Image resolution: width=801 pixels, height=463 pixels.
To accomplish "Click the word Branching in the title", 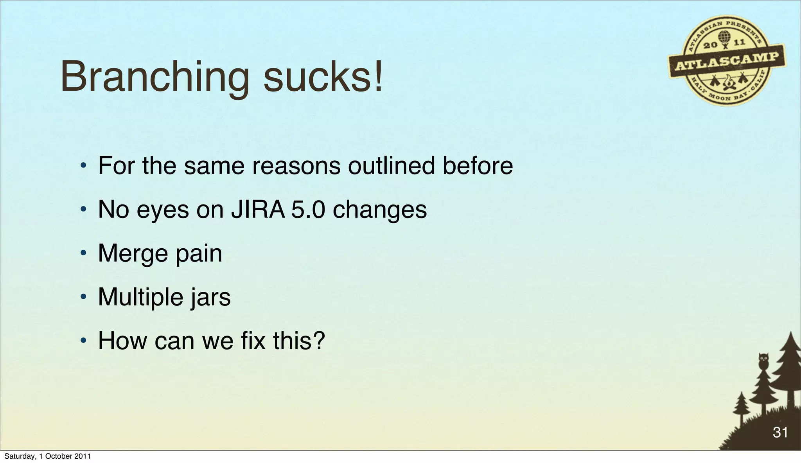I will coord(154,77).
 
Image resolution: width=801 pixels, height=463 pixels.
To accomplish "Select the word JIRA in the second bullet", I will coord(258,210).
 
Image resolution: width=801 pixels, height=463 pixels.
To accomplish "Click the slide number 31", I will coord(780,432).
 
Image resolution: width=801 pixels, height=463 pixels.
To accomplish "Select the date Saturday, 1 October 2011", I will coord(47,456).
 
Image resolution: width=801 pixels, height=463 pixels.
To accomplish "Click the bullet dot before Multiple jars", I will coord(83,298).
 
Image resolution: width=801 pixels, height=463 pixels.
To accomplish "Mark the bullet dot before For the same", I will coord(83,167).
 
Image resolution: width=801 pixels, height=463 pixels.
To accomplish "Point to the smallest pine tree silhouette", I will coord(741,407).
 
